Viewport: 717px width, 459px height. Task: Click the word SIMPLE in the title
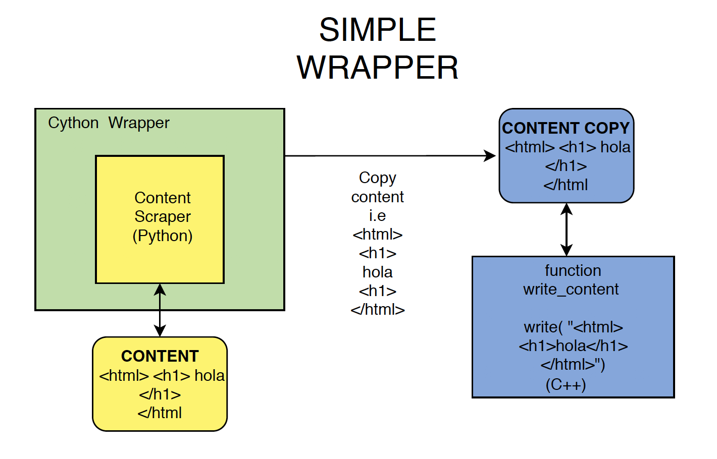[x=377, y=30]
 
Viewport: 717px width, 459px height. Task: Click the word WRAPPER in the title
[x=377, y=68]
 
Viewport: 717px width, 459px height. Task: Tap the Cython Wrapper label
[x=109, y=123]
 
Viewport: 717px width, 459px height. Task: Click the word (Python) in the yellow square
[x=163, y=236]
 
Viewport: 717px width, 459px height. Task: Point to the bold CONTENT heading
[x=160, y=356]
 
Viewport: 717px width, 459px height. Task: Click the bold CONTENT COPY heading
[x=566, y=128]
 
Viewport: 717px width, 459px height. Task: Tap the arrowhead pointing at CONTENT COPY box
[x=490, y=156]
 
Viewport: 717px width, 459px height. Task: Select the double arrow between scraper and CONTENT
[x=160, y=310]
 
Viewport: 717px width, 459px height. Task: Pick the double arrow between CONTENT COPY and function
[x=567, y=229]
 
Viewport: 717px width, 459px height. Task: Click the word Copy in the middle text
[x=377, y=178]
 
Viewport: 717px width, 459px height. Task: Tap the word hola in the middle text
[x=377, y=272]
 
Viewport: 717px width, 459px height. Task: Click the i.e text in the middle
[x=377, y=215]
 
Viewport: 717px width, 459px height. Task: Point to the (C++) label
[x=566, y=385]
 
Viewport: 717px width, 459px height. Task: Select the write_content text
[x=571, y=289]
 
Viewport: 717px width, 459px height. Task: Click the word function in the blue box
[x=573, y=270]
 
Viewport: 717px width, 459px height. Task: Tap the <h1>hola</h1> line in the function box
[x=573, y=346]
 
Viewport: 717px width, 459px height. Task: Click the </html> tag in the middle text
[x=377, y=309]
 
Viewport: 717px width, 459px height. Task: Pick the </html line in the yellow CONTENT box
[x=160, y=413]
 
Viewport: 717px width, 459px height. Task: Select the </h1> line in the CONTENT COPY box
[x=566, y=166]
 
